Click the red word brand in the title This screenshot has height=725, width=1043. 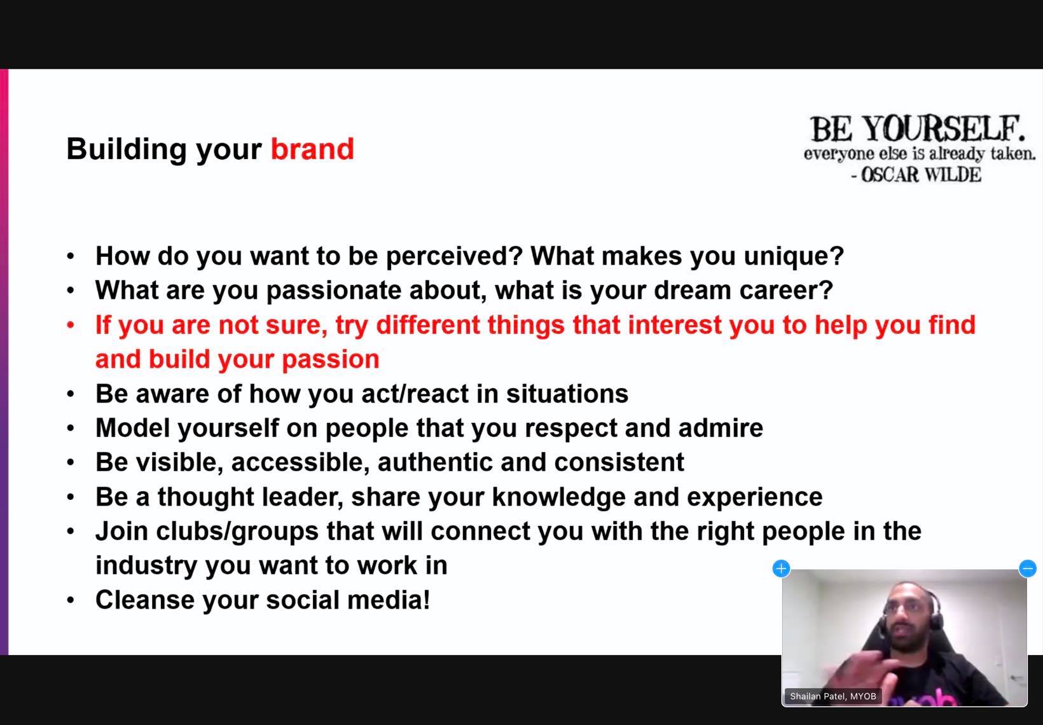tap(312, 149)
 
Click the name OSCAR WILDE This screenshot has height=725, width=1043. tap(921, 175)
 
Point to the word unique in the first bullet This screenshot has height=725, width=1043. tap(794, 256)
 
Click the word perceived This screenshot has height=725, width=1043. tap(455, 256)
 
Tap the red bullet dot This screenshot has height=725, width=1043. tap(71, 325)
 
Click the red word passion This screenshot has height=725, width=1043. tap(331, 360)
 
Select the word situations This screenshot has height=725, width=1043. tap(567, 394)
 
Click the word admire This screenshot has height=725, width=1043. tap(721, 428)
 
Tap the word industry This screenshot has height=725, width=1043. tap(146, 566)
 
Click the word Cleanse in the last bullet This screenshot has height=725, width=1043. tap(145, 600)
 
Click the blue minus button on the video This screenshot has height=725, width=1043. tap(1028, 568)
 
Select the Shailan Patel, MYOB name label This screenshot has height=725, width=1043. tap(833, 696)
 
